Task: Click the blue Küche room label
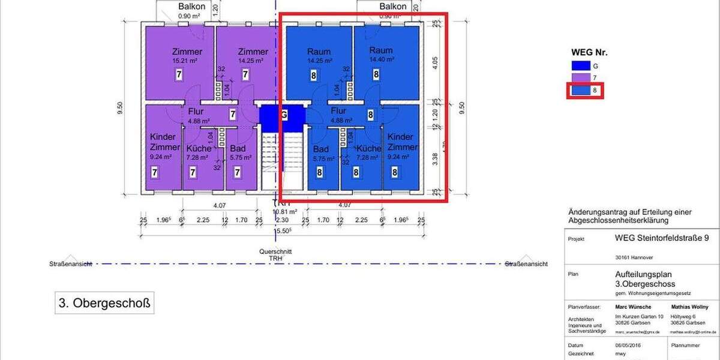pyautogui.click(x=368, y=148)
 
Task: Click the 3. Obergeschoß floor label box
pyautogui.click(x=103, y=304)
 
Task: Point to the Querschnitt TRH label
pyautogui.click(x=275, y=255)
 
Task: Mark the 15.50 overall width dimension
pyautogui.click(x=282, y=230)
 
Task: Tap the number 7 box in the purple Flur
pyautogui.click(x=233, y=113)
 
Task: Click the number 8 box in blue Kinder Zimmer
pyautogui.click(x=395, y=172)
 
